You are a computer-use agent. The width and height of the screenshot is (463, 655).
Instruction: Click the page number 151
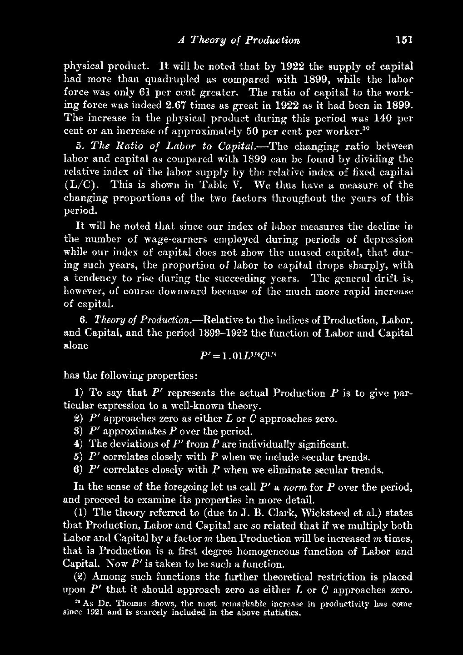click(x=403, y=40)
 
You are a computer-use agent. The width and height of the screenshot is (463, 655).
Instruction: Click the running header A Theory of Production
click(x=239, y=40)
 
